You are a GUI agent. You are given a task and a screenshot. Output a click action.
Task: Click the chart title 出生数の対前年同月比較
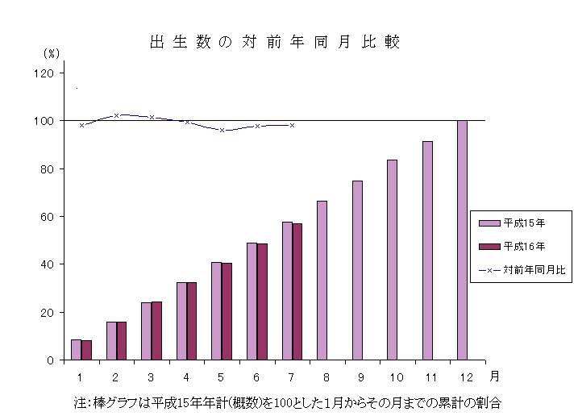pos(274,42)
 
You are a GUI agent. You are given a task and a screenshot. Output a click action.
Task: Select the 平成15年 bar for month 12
pos(462,240)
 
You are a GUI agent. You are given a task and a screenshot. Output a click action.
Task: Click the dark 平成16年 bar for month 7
pos(297,292)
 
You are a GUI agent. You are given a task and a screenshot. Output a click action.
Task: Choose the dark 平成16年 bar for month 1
pos(86,350)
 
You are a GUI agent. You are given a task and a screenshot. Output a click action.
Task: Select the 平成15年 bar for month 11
pos(427,251)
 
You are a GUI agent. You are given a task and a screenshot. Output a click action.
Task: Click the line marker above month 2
pos(117,115)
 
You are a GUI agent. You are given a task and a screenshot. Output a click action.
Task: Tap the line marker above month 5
pos(222,130)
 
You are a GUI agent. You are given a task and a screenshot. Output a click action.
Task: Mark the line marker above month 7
pos(292,125)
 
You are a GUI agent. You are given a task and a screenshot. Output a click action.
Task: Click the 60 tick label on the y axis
pos(47,217)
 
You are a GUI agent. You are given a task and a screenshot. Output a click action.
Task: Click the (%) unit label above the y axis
pos(51,53)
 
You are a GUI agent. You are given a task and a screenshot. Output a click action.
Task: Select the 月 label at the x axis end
pos(494,376)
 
